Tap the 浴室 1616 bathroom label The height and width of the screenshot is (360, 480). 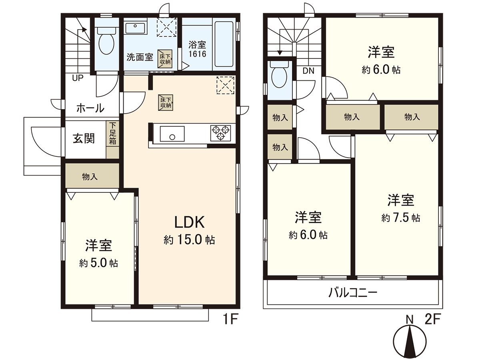198,50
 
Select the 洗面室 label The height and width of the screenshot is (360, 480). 140,57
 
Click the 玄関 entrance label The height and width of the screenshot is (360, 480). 84,139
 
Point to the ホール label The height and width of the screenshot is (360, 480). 90,108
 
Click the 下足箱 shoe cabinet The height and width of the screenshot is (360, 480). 112,136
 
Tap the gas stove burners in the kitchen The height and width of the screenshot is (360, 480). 221,133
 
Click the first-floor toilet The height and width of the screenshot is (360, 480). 106,43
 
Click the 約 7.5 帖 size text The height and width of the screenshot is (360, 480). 400,218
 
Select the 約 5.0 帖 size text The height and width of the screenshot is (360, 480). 98,264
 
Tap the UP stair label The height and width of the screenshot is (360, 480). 78,78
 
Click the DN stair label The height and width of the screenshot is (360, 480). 308,71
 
